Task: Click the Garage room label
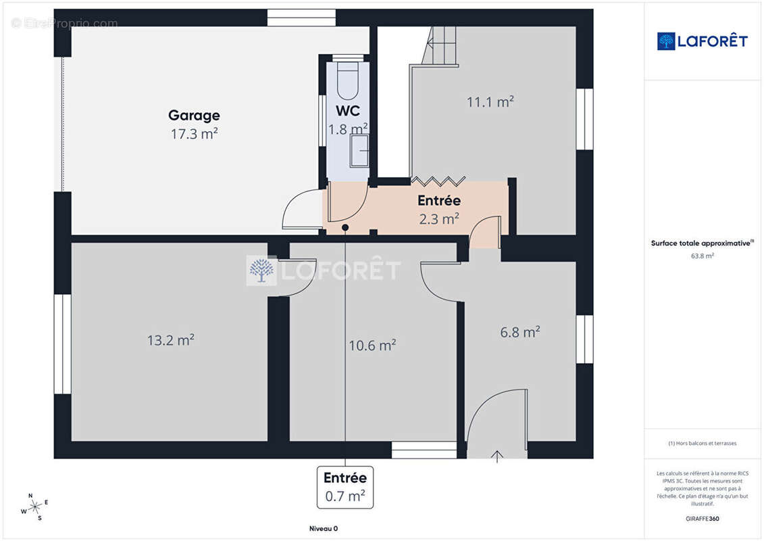point(194,116)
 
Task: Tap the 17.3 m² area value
point(194,134)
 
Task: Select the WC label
point(348,111)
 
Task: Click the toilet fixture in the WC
point(347,80)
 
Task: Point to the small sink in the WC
point(359,151)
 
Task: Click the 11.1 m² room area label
point(490,101)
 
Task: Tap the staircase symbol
point(440,45)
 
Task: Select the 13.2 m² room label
point(170,339)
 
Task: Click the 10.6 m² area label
point(372,346)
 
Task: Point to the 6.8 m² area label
point(520,332)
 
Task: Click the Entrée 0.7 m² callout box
point(345,487)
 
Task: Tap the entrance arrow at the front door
point(497,456)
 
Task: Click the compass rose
point(34,507)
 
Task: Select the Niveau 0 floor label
point(323,528)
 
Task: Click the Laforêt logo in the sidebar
point(702,41)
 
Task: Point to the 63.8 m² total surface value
point(702,256)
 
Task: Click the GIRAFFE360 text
point(702,519)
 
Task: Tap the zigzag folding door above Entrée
point(438,181)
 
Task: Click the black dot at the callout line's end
point(345,228)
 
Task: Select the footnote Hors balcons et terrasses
point(702,444)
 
